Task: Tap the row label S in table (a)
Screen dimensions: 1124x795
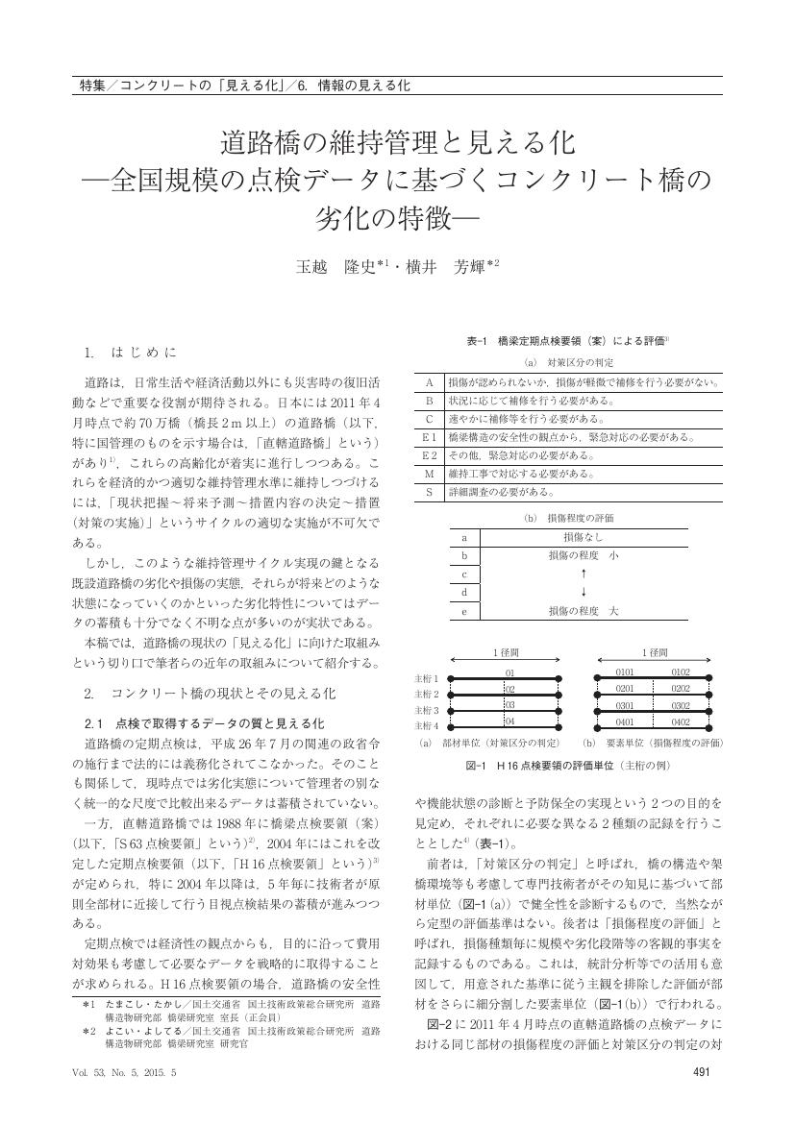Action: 430,491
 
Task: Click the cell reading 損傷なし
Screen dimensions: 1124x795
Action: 584,538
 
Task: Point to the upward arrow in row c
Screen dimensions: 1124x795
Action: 584,574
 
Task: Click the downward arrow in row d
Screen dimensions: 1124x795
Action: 584,592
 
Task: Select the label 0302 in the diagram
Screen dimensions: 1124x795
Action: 681,704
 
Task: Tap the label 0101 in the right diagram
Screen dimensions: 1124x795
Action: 627,672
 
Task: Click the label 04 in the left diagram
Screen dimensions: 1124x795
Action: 510,721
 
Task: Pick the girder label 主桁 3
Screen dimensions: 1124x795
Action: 426,709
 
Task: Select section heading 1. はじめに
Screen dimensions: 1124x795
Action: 131,353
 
